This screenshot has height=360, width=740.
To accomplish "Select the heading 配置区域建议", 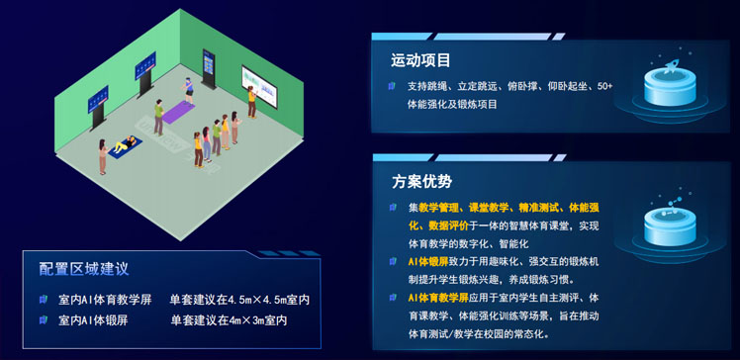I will click(84, 268).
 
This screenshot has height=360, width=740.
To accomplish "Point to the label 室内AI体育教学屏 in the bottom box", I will click(104, 299).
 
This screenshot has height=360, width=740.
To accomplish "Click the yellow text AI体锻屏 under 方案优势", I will click(432, 261).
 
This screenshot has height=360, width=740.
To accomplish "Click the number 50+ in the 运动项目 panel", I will click(604, 86).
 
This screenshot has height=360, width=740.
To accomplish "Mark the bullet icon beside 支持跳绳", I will click(393, 86).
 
